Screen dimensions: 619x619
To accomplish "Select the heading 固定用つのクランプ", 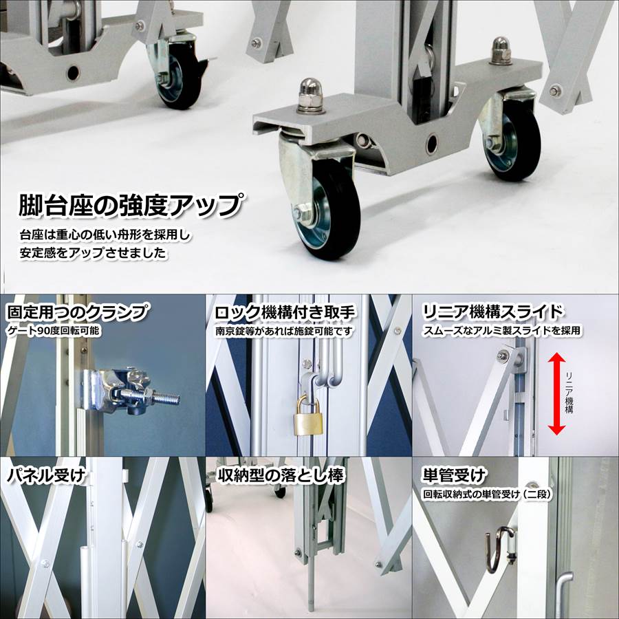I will (77, 312).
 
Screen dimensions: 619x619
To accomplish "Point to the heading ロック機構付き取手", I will (285, 312).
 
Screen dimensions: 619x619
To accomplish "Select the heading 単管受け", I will (453, 475).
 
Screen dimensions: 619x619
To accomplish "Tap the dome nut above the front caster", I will (309, 96).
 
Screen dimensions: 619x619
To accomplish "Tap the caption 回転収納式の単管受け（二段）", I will (490, 493).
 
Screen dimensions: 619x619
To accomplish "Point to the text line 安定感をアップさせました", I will (93, 252).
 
